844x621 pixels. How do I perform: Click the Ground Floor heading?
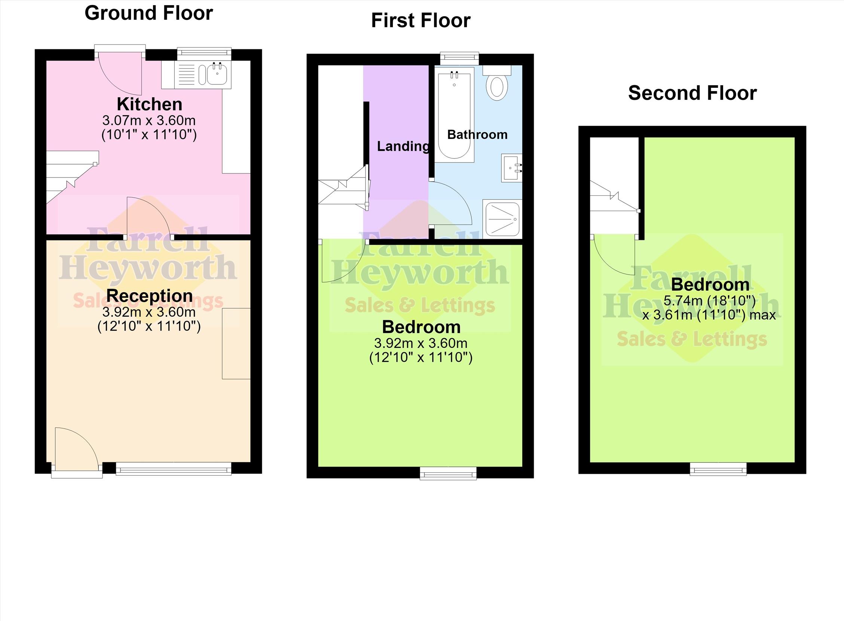click(149, 13)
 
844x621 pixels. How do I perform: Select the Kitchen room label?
click(149, 104)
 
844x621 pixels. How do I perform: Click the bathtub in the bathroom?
click(454, 115)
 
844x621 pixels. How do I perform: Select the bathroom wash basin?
click(511, 168)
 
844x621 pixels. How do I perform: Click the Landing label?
click(403, 146)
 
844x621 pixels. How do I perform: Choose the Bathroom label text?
click(477, 135)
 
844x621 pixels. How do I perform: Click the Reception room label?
click(149, 296)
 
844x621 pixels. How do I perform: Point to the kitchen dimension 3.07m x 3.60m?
click(149, 121)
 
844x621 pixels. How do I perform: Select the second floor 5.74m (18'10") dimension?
click(709, 301)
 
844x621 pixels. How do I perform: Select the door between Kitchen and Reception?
click(149, 218)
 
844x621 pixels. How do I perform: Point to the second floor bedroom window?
click(718, 469)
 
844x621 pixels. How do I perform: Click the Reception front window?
click(174, 469)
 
